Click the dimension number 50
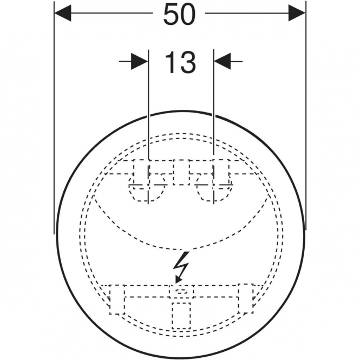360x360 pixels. (179, 15)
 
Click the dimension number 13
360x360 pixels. (180, 62)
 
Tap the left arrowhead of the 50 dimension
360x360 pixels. (63, 14)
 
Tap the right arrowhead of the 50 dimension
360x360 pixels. (297, 14)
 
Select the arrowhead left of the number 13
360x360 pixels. (139, 62)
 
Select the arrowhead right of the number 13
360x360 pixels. (222, 62)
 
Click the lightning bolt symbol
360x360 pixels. (182, 267)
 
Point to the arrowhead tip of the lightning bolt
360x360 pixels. (176, 284)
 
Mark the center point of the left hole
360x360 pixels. (148, 185)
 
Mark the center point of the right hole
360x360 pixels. (214, 185)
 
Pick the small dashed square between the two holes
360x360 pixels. (181, 172)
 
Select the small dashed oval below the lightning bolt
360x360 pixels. (181, 291)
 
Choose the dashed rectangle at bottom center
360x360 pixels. (181, 316)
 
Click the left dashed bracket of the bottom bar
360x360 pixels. (117, 299)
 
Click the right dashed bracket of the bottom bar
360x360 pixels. (246, 298)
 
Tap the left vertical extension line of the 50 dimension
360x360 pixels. (54, 117)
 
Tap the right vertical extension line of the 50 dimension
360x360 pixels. (305, 115)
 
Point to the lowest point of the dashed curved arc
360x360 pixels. (181, 250)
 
